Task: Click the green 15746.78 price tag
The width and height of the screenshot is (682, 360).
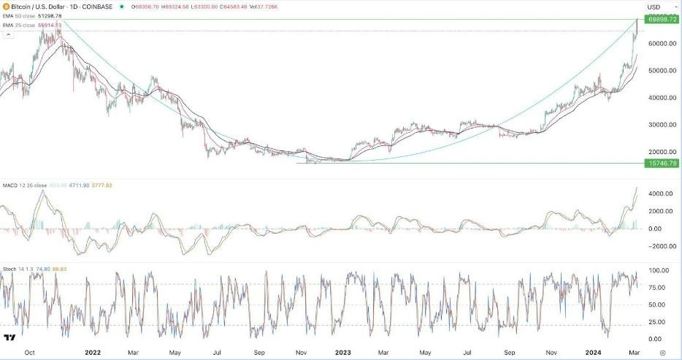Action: [x=663, y=163]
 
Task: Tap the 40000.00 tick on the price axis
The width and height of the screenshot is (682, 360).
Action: [x=661, y=97]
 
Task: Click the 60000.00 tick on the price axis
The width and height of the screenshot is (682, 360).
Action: [x=661, y=43]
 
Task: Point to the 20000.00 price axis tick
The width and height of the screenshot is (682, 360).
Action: [x=661, y=151]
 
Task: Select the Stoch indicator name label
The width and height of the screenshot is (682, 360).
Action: [x=10, y=268]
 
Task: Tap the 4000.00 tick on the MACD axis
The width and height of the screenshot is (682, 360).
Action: [x=659, y=194]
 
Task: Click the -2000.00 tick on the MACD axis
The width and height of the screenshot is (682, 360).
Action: [x=659, y=246]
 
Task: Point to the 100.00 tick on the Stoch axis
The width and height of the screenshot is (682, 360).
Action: [x=659, y=270]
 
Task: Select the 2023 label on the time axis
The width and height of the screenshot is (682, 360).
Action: [x=342, y=351]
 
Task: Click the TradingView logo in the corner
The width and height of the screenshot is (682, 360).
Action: [x=10, y=337]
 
